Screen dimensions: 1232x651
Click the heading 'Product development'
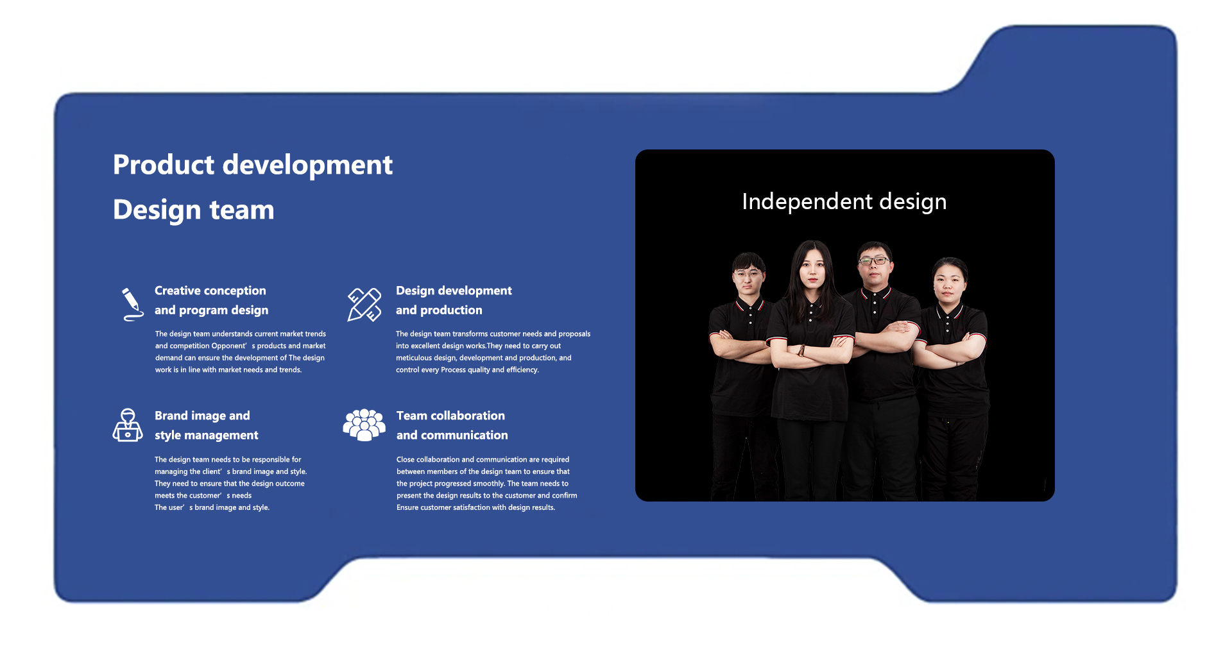pyautogui.click(x=253, y=165)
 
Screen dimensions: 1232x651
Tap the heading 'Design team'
pyautogui.click(x=194, y=210)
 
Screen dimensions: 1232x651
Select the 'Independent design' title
pyautogui.click(x=844, y=201)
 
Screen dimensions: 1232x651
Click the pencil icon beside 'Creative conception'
pyautogui.click(x=132, y=304)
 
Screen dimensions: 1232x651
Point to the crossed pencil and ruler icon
pyautogui.click(x=364, y=304)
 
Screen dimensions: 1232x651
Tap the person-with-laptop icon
pyautogui.click(x=128, y=425)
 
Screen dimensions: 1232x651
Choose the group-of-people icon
pyautogui.click(x=364, y=425)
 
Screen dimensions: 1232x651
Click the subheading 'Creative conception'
pyautogui.click(x=210, y=291)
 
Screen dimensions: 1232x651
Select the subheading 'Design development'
pyautogui.click(x=454, y=291)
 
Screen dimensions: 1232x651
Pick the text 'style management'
pyautogui.click(x=207, y=435)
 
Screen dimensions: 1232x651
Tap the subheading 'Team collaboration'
pyautogui.click(x=450, y=416)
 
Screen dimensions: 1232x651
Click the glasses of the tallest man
pyautogui.click(x=874, y=260)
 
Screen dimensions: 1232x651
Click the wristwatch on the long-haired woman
pyautogui.click(x=801, y=350)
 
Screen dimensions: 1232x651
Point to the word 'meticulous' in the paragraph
pyautogui.click(x=414, y=358)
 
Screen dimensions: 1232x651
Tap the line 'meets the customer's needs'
pyautogui.click(x=203, y=496)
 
